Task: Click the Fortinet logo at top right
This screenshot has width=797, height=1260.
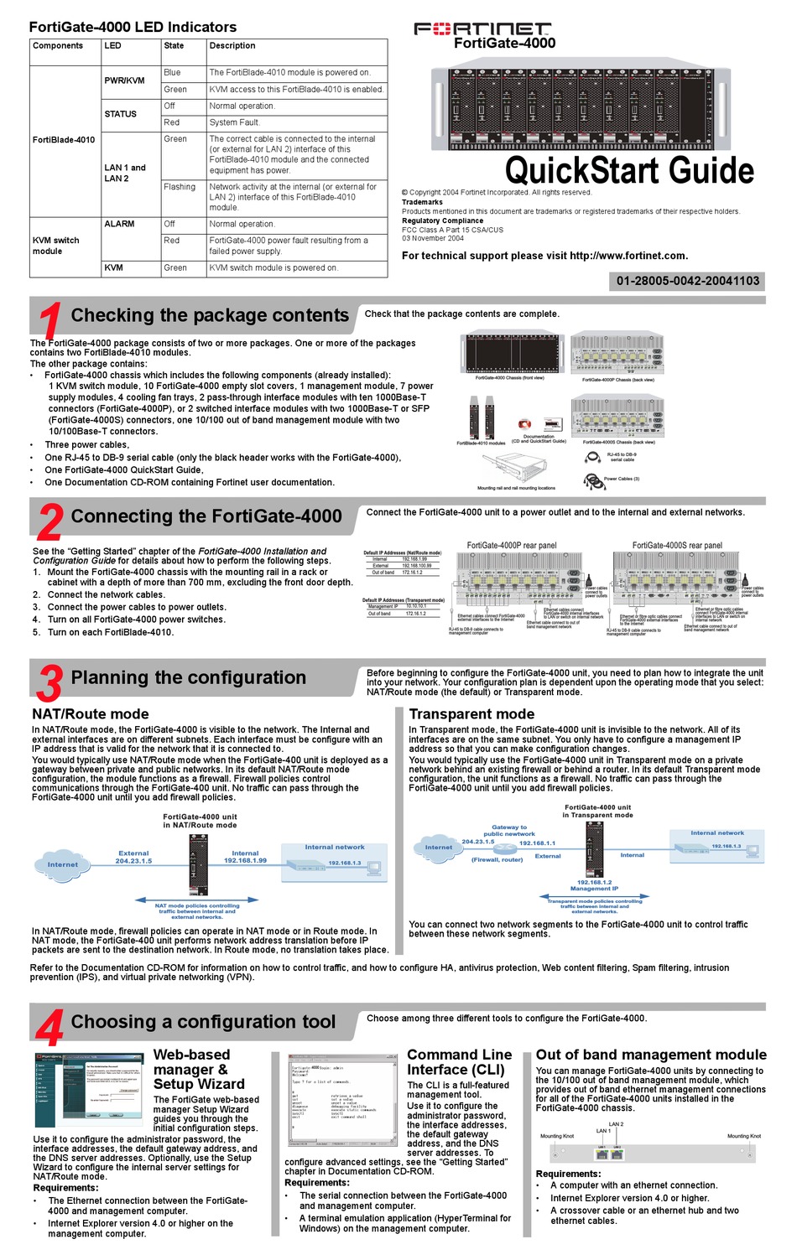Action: (x=482, y=29)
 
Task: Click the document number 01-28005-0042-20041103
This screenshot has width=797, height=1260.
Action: (x=687, y=281)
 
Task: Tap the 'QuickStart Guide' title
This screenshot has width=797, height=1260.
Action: (x=629, y=170)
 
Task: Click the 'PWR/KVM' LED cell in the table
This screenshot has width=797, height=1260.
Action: (x=124, y=80)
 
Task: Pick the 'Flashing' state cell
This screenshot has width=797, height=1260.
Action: (x=180, y=187)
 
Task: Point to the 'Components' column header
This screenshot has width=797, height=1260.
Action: (x=58, y=46)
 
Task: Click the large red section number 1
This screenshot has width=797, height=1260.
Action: (x=49, y=321)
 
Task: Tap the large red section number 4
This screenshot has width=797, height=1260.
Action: (x=50, y=1027)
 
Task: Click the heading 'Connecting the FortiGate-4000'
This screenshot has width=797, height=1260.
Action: (x=206, y=516)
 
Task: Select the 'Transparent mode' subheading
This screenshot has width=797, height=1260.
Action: (x=471, y=713)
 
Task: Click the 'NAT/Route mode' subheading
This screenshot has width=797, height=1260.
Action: (x=91, y=713)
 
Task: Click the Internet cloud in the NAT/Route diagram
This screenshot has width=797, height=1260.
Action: (x=63, y=864)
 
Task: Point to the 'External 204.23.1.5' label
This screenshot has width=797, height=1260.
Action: (x=133, y=857)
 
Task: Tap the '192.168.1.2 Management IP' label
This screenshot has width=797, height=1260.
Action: (x=594, y=885)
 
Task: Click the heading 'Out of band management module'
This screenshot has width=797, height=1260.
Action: (x=651, y=1055)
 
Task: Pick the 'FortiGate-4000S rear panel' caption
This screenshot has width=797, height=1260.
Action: (x=676, y=545)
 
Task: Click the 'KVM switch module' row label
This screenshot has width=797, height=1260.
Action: (x=55, y=246)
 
